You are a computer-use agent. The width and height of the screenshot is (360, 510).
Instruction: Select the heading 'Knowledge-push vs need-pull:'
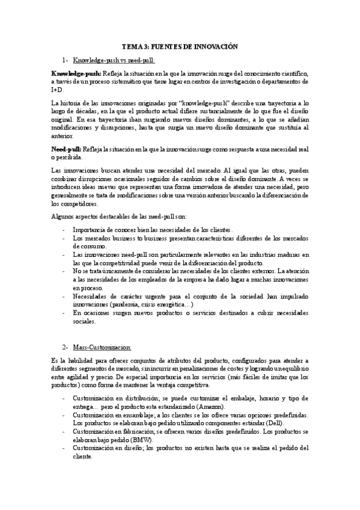click(x=113, y=60)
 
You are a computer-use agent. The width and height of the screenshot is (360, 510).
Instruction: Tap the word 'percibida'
click(x=71, y=157)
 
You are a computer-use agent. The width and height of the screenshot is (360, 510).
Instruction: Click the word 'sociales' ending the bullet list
click(x=83, y=321)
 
